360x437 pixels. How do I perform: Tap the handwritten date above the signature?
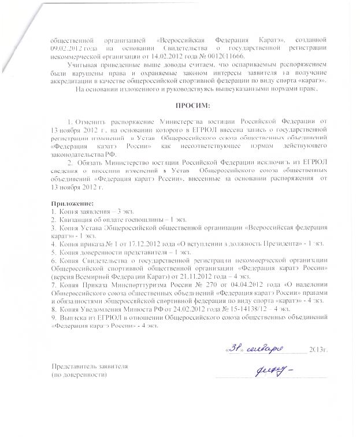pyautogui.click(x=250, y=348)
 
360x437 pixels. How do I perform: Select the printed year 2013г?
pyautogui.click(x=318, y=350)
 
